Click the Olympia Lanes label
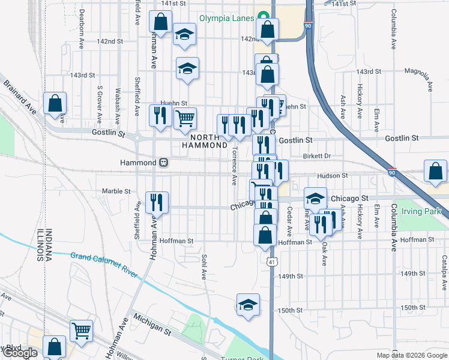coord(226,18)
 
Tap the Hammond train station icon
coord(163,163)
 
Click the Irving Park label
coord(421,211)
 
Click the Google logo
coord(19,353)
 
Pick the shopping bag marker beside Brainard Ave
coord(55,103)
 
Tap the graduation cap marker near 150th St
coord(247,304)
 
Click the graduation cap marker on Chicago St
coord(315,199)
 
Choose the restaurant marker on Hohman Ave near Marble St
coord(157,202)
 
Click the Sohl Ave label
coord(203,268)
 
